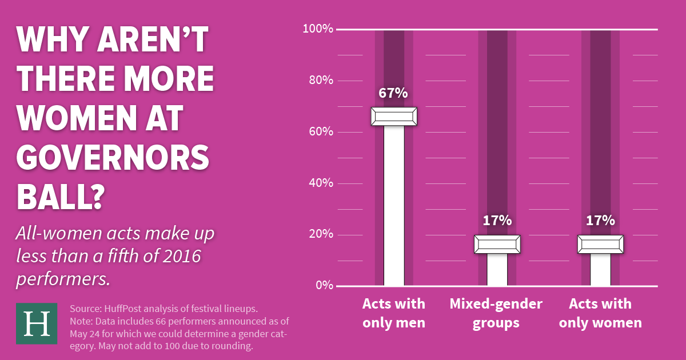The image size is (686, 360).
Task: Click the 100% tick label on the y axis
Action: pyautogui.click(x=318, y=29)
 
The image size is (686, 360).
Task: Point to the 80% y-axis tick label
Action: pyautogui.click(x=321, y=80)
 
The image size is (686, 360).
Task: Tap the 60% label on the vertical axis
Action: pyautogui.click(x=321, y=131)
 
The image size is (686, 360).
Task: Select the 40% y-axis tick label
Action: pyautogui.click(x=321, y=183)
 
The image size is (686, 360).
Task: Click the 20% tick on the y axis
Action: pyautogui.click(x=321, y=234)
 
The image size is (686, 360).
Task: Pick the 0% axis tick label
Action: pyautogui.click(x=324, y=285)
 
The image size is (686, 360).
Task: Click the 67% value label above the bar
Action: pyautogui.click(x=393, y=93)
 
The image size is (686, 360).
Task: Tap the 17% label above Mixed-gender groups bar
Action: pyautogui.click(x=497, y=221)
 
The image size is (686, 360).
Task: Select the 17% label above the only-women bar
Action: pyautogui.click(x=600, y=221)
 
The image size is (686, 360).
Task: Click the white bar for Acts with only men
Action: pyautogui.click(x=394, y=206)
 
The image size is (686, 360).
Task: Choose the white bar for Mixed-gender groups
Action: pyautogui.click(x=497, y=269)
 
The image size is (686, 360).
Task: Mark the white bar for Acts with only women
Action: pyautogui.click(x=600, y=269)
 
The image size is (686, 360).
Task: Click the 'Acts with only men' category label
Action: pyautogui.click(x=394, y=313)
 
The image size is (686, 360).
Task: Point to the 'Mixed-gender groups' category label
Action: pyautogui.click(x=497, y=313)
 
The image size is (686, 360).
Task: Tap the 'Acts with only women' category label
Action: pyautogui.click(x=600, y=313)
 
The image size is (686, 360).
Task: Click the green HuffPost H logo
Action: pyautogui.click(x=37, y=323)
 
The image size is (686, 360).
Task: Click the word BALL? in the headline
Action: pyautogui.click(x=61, y=196)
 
